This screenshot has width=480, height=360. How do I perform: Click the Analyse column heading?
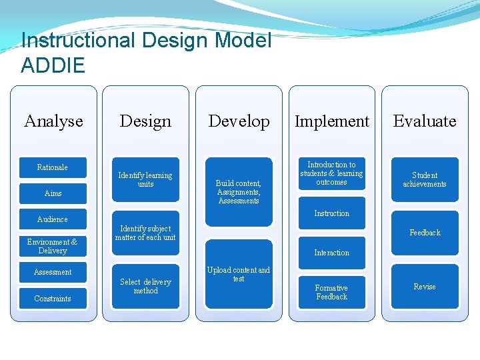click(x=53, y=121)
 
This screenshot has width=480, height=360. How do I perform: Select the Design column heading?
click(x=145, y=121)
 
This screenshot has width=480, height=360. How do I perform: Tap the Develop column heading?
click(x=239, y=121)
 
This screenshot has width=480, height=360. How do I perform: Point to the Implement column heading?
click(x=331, y=121)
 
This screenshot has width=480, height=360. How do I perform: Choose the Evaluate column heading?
click(x=425, y=121)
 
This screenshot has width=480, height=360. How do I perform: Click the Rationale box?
click(x=53, y=167)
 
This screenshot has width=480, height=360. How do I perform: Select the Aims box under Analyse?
click(x=53, y=193)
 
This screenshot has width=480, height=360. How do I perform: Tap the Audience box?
click(x=53, y=219)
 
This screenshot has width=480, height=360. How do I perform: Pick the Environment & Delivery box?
click(x=53, y=246)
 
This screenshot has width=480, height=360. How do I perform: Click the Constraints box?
click(x=53, y=299)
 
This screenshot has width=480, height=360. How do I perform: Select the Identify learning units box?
click(x=145, y=179)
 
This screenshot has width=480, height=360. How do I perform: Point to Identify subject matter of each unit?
click(x=145, y=233)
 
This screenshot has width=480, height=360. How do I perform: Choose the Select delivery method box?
click(x=145, y=286)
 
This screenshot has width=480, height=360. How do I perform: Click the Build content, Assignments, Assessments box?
click(x=239, y=191)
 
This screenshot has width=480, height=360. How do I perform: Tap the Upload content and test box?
click(x=239, y=274)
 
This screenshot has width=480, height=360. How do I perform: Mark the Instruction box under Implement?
click(x=331, y=213)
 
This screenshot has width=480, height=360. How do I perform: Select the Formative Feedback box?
click(x=331, y=292)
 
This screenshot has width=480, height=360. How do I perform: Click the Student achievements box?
click(x=425, y=179)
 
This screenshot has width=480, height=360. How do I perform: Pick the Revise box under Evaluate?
click(x=425, y=287)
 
